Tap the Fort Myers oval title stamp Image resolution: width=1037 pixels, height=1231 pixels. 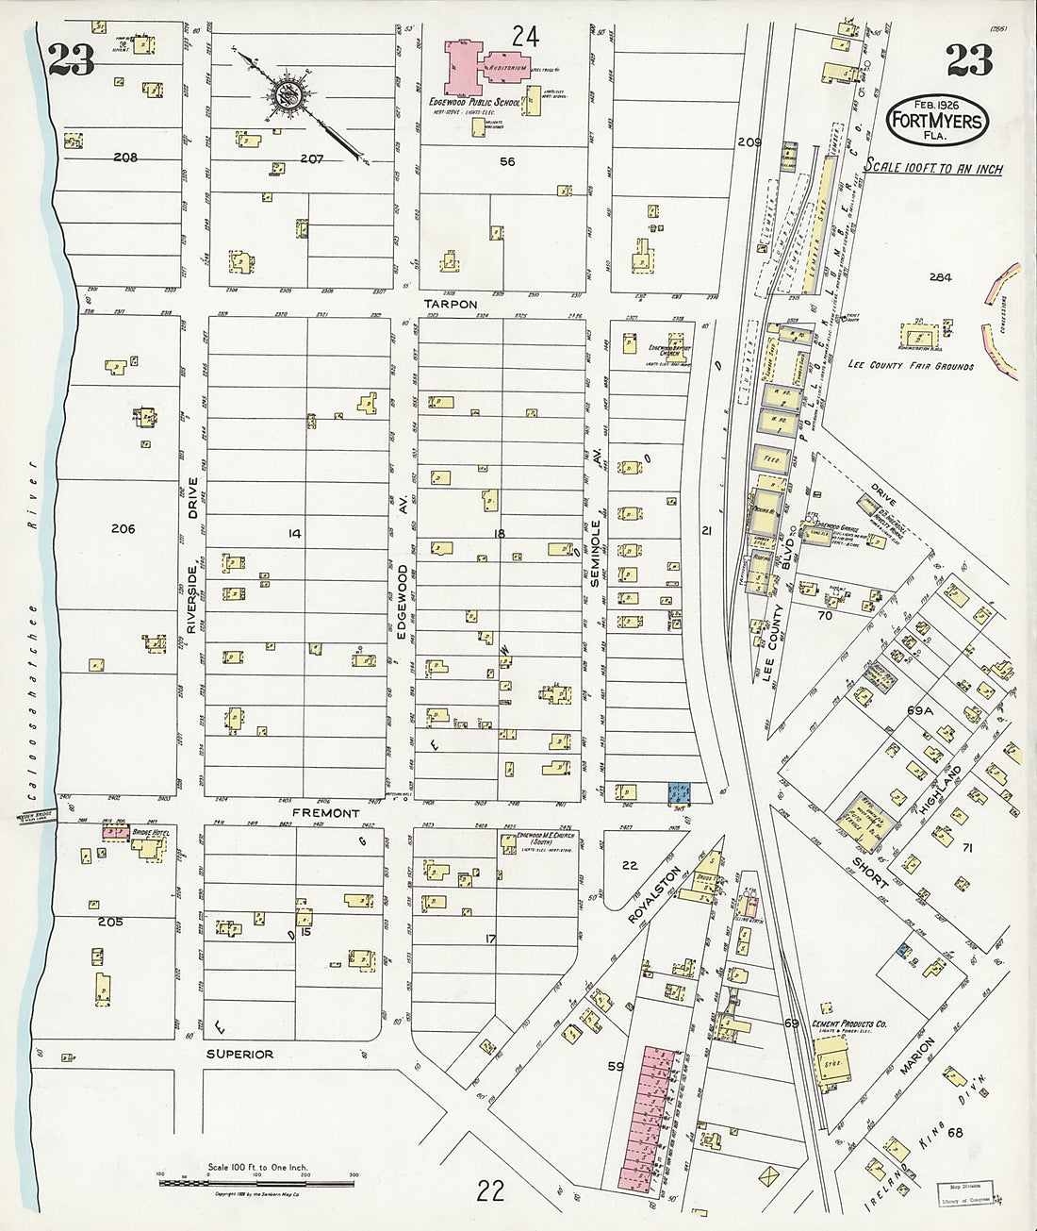tap(938, 121)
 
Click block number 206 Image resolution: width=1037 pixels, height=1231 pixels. tap(123, 528)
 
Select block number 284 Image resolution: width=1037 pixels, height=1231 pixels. tap(940, 277)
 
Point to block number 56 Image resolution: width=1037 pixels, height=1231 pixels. tap(507, 161)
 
